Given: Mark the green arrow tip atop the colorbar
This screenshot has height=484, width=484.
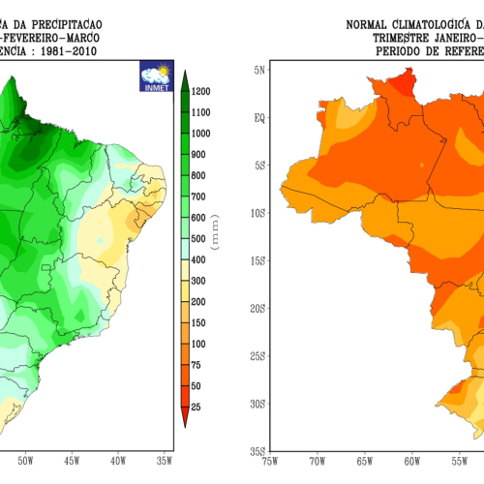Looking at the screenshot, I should click(x=185, y=75).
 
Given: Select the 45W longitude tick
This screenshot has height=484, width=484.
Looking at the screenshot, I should click(x=70, y=461).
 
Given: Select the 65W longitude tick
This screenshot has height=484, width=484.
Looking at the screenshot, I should click(x=365, y=461).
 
